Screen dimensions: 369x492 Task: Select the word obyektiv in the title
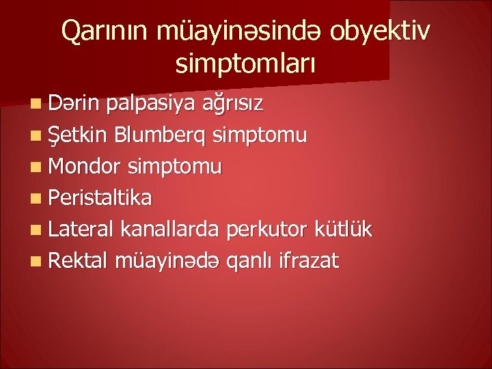[x=384, y=31]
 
